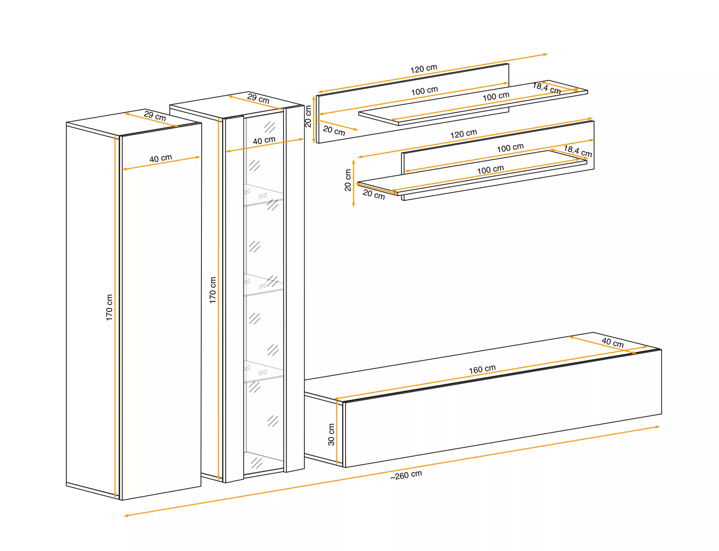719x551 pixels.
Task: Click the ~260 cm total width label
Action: point(406,475)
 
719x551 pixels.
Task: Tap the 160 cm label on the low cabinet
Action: point(482,369)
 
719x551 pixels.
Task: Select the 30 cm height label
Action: point(331,435)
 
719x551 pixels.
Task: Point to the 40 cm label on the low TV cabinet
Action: point(612,343)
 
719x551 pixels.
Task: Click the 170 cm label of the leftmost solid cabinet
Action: point(109,307)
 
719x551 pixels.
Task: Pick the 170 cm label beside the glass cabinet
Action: point(212,290)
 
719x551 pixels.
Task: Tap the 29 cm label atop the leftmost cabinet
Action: point(155,116)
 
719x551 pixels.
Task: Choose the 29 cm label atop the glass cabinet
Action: point(258,98)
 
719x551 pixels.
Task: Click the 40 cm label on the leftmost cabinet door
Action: point(161,158)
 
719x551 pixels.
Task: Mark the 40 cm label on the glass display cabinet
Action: point(264,140)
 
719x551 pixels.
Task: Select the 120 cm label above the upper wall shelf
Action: point(423,69)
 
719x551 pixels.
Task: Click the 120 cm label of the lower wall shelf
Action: point(464,134)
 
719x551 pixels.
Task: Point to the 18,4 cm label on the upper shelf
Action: point(547,88)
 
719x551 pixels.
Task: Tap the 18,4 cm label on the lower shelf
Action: point(578,151)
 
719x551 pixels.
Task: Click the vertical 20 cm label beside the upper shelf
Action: point(308,116)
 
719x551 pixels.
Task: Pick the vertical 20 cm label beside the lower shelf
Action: point(348,180)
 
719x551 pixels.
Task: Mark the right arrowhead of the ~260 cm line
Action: point(657,427)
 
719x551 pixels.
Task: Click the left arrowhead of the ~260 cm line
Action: point(126,516)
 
